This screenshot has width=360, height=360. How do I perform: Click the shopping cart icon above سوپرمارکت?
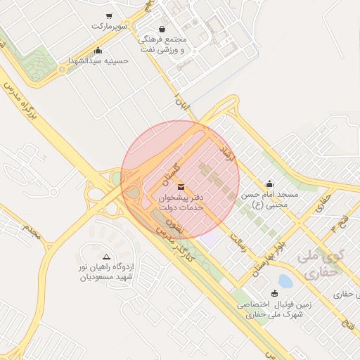(x=109, y=16)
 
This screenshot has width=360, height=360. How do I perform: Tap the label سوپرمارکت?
(x=109, y=26)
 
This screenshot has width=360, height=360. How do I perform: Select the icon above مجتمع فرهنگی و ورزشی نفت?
(x=163, y=30)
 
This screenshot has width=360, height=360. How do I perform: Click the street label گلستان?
(x=172, y=167)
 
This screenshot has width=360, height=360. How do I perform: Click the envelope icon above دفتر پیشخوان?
(x=182, y=186)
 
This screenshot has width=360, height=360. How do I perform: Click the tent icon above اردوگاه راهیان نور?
(x=107, y=257)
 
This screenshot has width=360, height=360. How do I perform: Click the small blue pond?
(x=285, y=281)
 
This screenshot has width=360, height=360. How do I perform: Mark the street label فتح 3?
(x=338, y=228)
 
